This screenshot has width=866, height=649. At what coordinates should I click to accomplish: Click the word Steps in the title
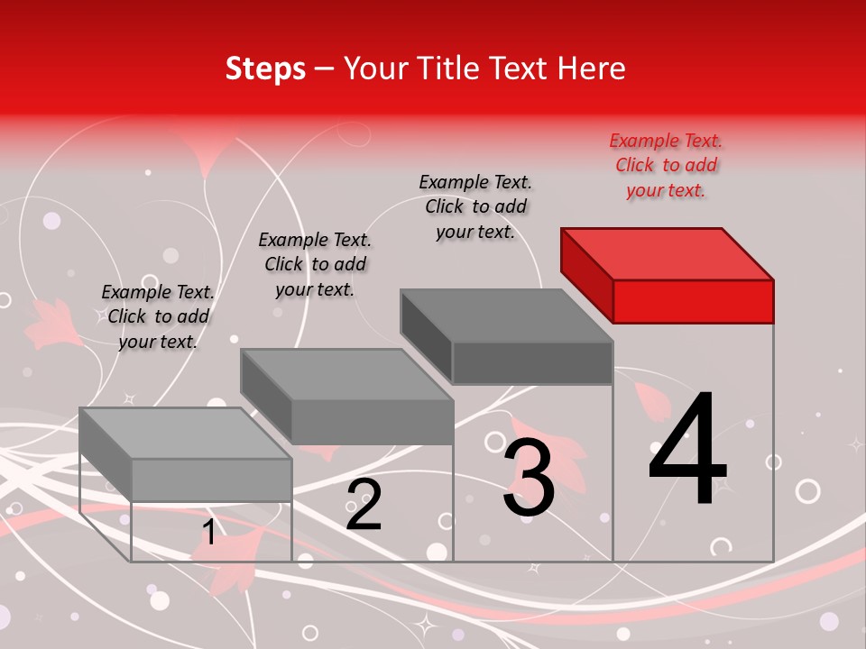[265, 69]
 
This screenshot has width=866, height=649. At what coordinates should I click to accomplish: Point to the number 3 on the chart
[529, 479]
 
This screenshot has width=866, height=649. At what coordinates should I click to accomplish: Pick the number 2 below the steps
[364, 505]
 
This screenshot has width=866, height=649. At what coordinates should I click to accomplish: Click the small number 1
[208, 533]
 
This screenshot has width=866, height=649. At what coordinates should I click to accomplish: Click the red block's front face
[693, 301]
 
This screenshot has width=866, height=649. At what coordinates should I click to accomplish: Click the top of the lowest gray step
[186, 434]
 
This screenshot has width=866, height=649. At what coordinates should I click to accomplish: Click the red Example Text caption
[666, 166]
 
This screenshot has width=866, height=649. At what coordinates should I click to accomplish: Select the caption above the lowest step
[158, 317]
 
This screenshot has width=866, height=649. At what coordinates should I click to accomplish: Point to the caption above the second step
[315, 265]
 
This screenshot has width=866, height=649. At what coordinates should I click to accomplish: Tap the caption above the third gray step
[475, 207]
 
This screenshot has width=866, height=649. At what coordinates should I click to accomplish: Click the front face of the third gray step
[532, 363]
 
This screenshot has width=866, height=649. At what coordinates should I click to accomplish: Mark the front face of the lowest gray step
[211, 480]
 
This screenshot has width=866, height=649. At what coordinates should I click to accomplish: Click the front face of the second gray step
[372, 422]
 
